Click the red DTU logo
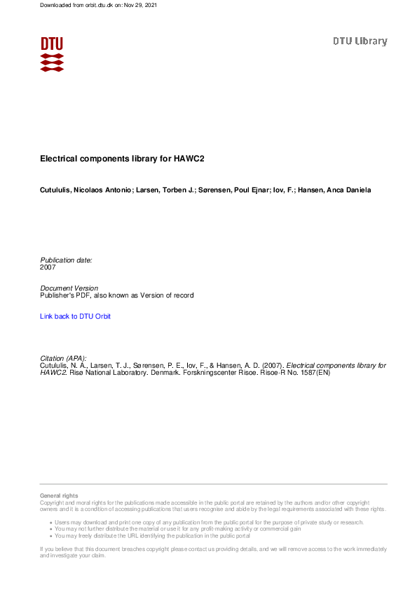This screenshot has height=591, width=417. click(x=52, y=53)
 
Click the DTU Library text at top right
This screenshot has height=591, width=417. click(x=360, y=41)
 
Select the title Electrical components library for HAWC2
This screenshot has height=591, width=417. click(x=121, y=159)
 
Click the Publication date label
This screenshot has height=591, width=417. click(x=66, y=260)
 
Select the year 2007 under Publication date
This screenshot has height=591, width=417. click(x=48, y=267)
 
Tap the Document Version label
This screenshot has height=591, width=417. click(x=69, y=288)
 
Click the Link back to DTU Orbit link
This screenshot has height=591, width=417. click(x=75, y=317)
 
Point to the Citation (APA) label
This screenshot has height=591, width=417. click(x=63, y=358)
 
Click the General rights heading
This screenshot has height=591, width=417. click(x=59, y=496)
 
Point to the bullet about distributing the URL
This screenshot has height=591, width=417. click(x=152, y=536)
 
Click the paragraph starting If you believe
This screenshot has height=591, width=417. click(x=210, y=552)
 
